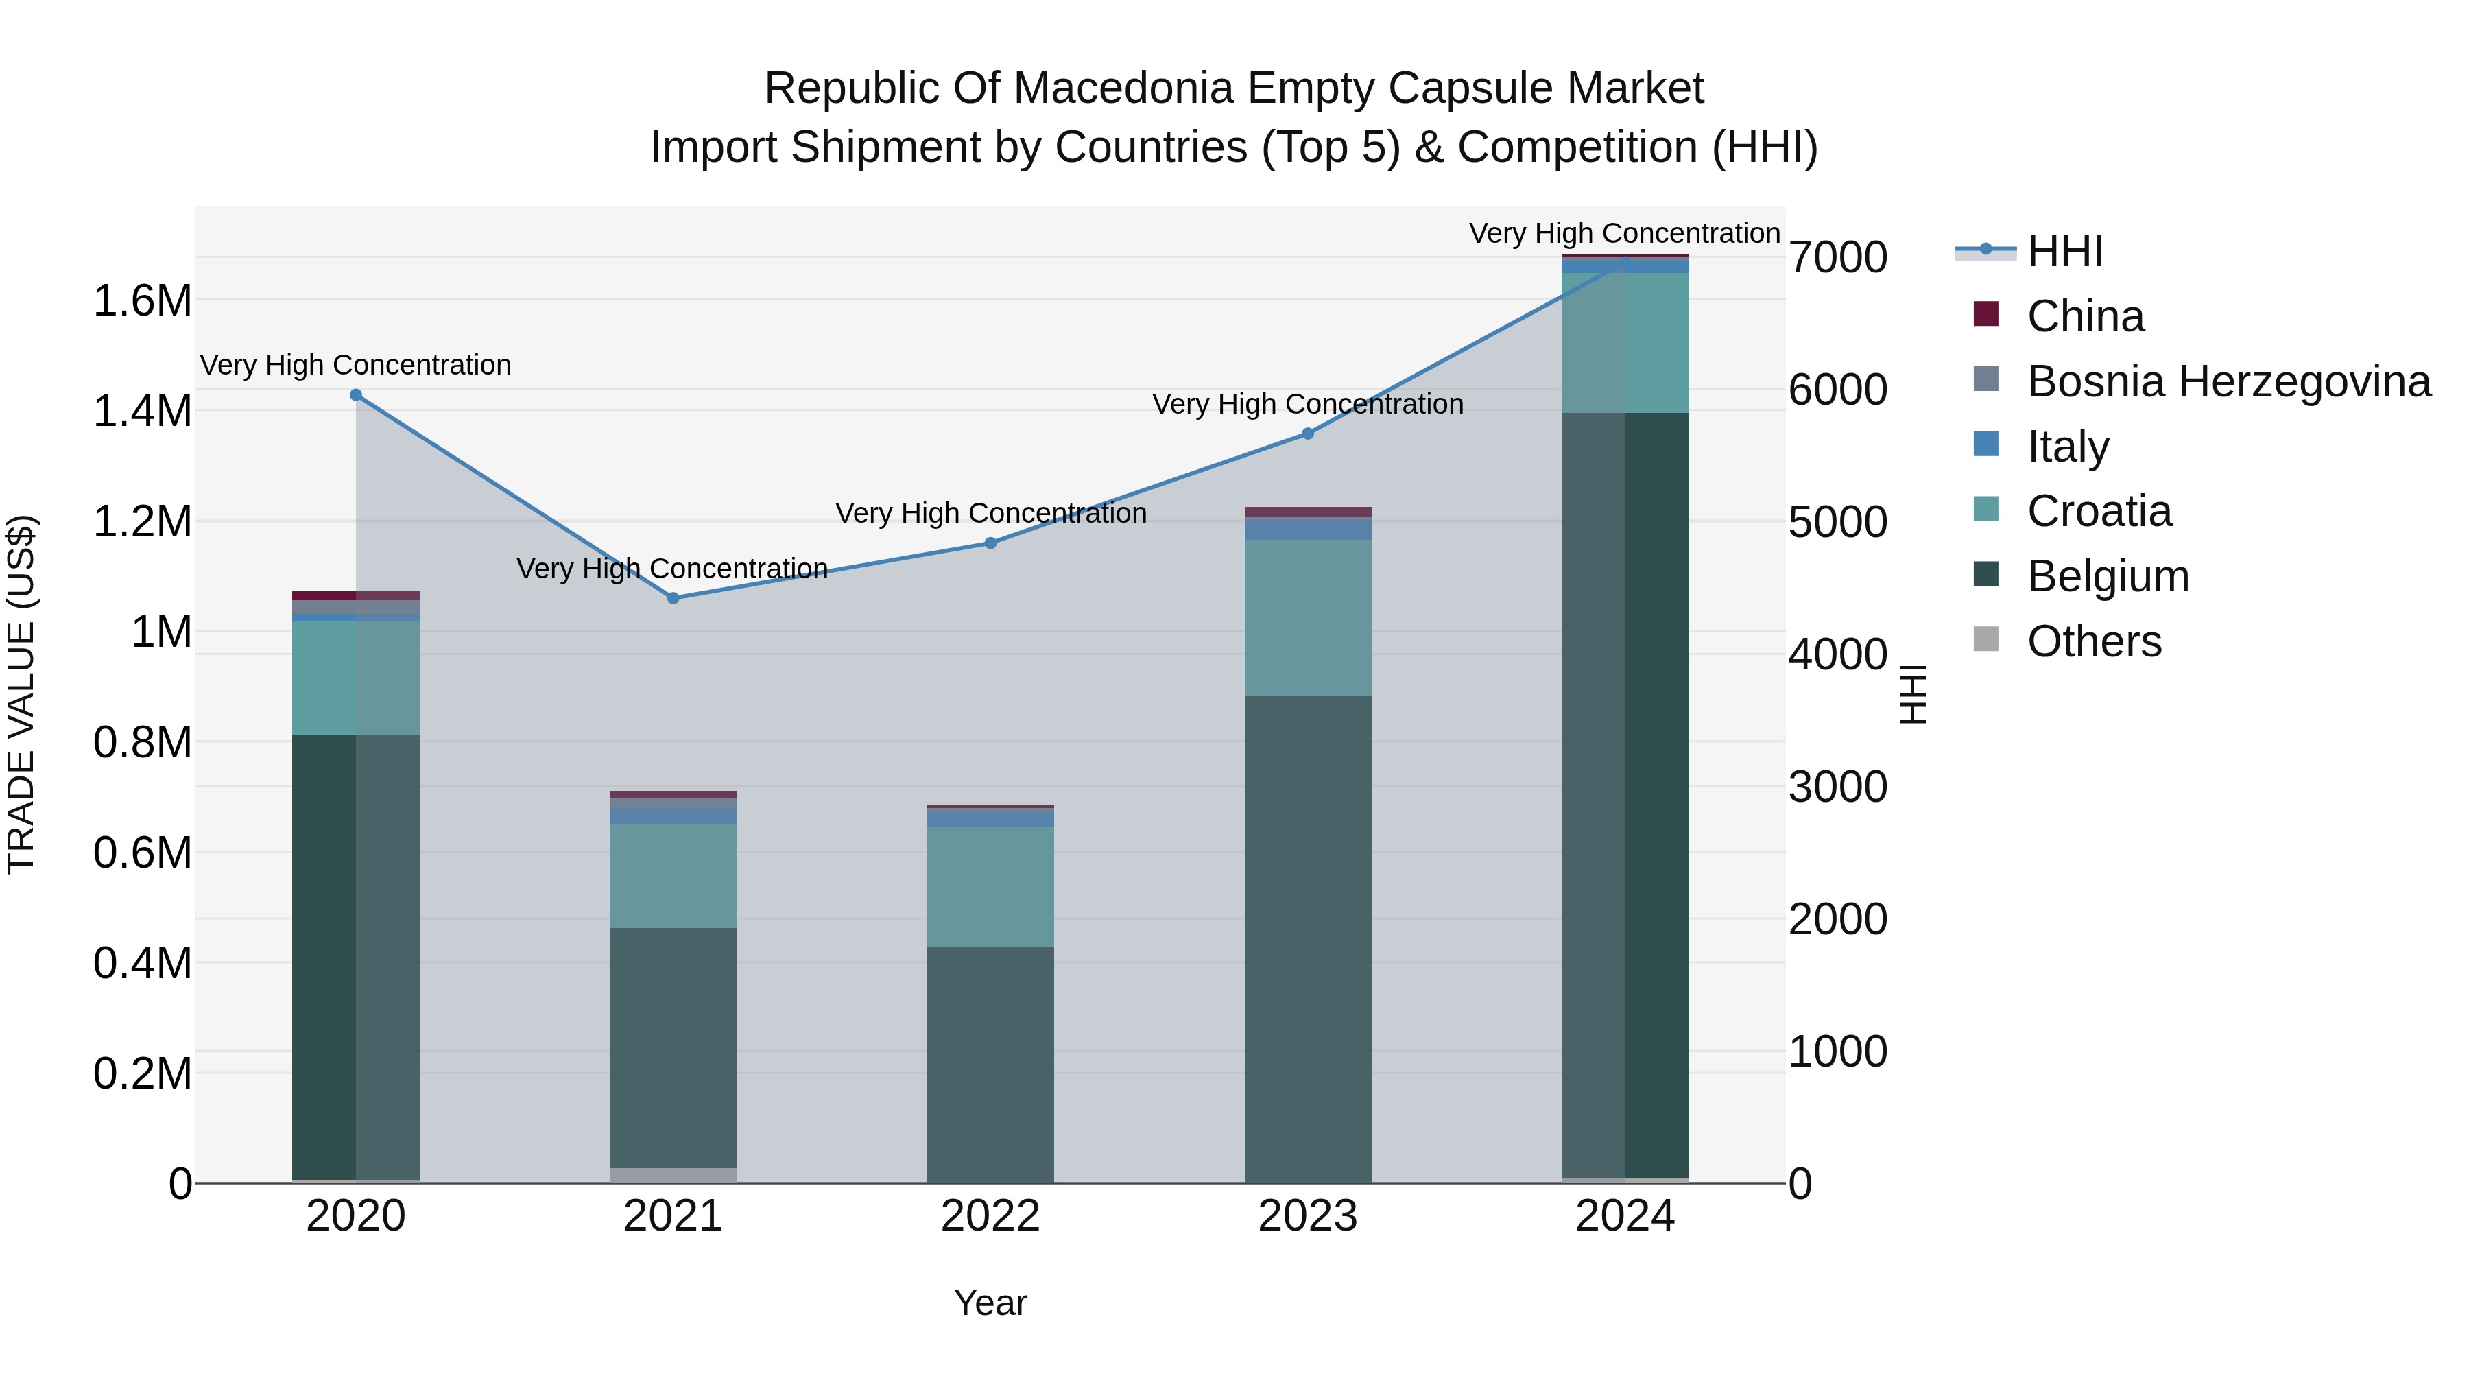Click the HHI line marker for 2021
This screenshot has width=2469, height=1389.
[673, 598]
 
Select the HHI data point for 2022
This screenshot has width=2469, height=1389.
[991, 543]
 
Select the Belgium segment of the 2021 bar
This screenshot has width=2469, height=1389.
[673, 1047]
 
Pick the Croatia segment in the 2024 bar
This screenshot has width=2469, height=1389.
[1625, 343]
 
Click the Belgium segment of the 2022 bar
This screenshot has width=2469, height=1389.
[991, 1064]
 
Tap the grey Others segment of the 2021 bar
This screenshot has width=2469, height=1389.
[673, 1175]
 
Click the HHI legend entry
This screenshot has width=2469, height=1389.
[2029, 251]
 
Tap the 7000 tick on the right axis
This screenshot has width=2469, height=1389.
[1838, 258]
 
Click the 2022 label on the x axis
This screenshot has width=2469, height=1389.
[991, 1216]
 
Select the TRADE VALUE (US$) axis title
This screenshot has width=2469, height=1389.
[21, 694]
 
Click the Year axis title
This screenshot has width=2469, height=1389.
[991, 1303]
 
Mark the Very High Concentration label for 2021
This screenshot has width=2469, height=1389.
[672, 569]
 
